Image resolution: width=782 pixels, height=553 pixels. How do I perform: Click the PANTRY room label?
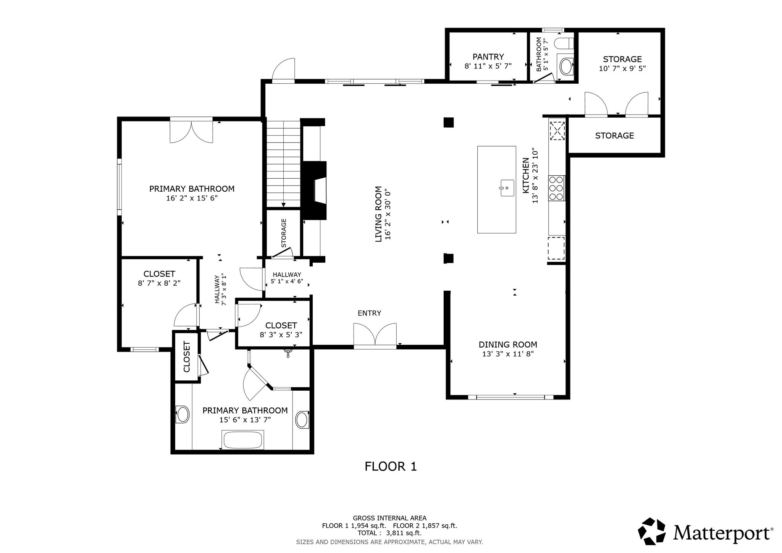coord(488,57)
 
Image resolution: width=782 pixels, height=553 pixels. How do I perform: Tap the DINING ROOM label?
coord(508,344)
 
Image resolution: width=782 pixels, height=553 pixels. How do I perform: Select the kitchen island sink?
coord(507,188)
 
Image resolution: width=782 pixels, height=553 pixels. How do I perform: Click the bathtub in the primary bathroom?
coord(243,440)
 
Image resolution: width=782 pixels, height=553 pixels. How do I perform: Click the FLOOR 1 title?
coord(391,466)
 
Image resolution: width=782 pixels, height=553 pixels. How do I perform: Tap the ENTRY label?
coord(369,313)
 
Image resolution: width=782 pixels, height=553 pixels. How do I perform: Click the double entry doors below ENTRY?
coord(375,335)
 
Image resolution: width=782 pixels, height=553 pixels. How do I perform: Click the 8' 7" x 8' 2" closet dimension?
coord(159,283)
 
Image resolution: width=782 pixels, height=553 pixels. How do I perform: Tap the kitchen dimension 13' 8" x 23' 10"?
coord(535,176)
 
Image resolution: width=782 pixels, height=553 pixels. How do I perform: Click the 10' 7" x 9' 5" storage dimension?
coord(622,69)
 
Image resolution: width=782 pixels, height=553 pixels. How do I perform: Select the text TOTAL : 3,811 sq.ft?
coord(389,533)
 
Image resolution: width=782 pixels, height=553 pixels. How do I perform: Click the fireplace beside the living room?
coord(315,190)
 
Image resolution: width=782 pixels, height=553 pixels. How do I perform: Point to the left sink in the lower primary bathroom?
coord(183,414)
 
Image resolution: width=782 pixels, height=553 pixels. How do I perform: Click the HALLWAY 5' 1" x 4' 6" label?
coord(287,278)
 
